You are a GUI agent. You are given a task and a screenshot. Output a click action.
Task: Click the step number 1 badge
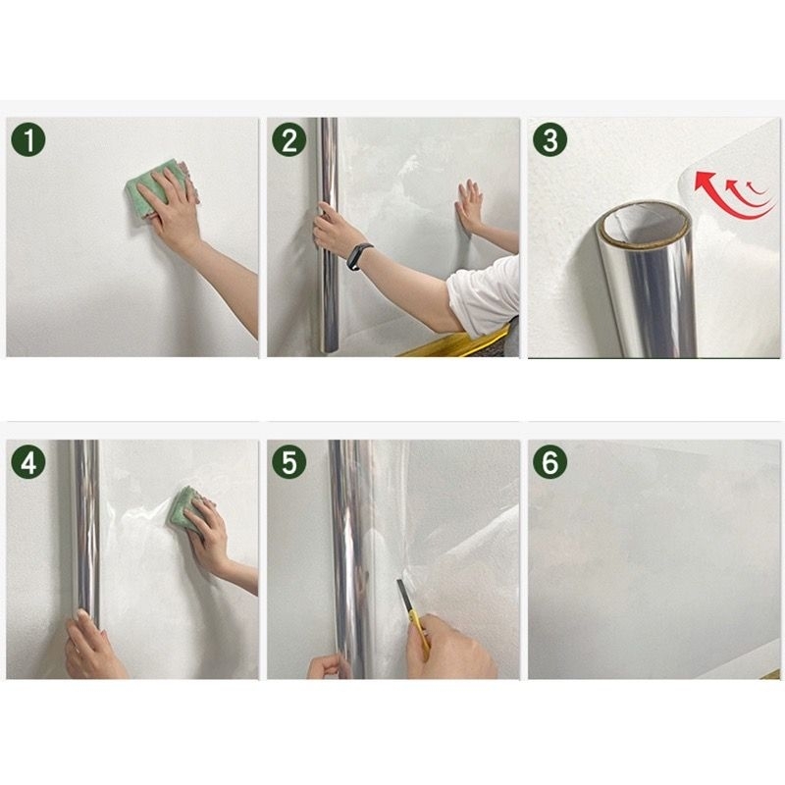[x=28, y=139]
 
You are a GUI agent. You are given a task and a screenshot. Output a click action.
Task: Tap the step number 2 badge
[x=289, y=139]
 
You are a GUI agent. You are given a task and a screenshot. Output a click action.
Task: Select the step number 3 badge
[x=550, y=139]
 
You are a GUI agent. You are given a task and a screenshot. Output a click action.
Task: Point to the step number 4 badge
[x=28, y=461]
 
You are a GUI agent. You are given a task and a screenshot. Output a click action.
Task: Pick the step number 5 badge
[x=289, y=461]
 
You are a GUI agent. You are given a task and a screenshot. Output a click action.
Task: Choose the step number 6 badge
[x=550, y=461]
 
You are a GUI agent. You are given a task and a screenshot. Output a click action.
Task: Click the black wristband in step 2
[x=359, y=256]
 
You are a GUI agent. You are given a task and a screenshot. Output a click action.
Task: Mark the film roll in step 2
[x=328, y=235]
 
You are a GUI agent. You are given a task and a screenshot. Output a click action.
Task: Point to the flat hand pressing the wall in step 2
[x=469, y=205]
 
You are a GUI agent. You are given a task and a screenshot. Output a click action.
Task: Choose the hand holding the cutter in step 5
[x=450, y=649]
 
